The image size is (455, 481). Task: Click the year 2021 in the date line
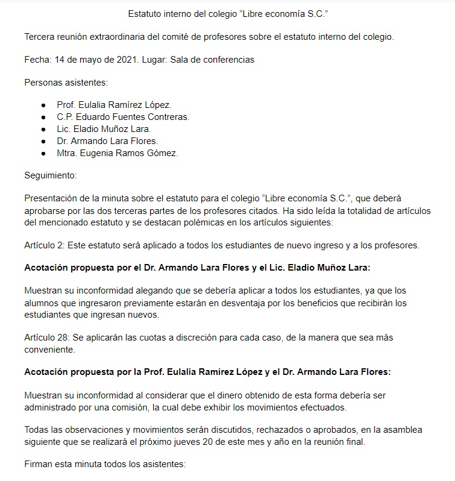[128, 60]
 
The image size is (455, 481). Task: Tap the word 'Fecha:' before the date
[38, 60]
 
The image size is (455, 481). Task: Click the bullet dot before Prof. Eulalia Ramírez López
[43, 105]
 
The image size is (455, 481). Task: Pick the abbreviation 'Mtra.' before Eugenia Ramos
[68, 153]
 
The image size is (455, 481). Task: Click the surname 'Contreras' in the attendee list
[169, 117]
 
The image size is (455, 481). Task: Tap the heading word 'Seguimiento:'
[51, 175]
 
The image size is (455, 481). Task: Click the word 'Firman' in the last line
[39, 464]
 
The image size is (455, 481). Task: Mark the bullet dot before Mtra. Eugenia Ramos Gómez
[43, 153]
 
